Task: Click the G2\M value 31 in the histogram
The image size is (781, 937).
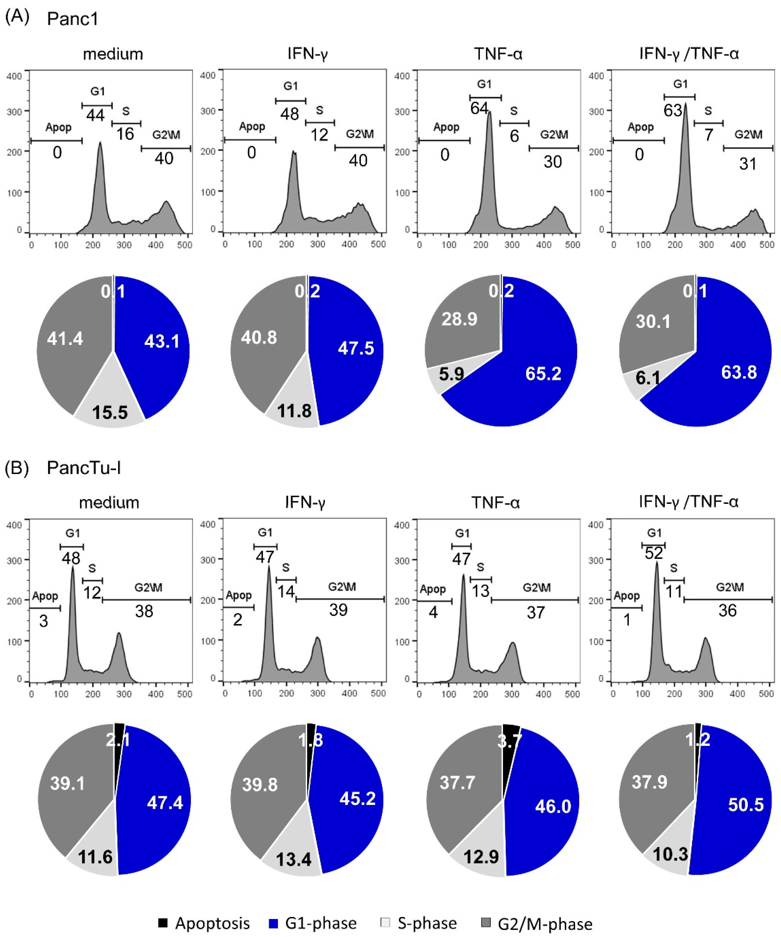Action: click(748, 164)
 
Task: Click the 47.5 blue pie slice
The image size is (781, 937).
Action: click(355, 348)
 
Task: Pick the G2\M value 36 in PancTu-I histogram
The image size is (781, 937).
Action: click(727, 611)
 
